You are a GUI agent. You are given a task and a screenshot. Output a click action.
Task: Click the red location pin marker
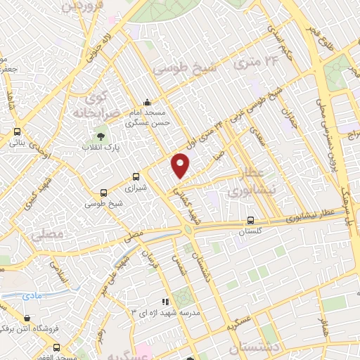[x=181, y=166]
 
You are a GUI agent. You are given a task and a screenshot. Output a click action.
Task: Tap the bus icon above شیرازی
[x=136, y=178]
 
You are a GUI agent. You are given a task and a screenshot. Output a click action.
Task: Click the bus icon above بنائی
[x=17, y=131]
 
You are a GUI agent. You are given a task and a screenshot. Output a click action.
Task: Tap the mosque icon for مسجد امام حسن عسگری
[x=146, y=101]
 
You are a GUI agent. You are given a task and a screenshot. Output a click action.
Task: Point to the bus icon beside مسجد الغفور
[x=57, y=347]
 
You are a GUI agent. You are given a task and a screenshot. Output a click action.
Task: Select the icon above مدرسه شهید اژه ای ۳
[x=165, y=302]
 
